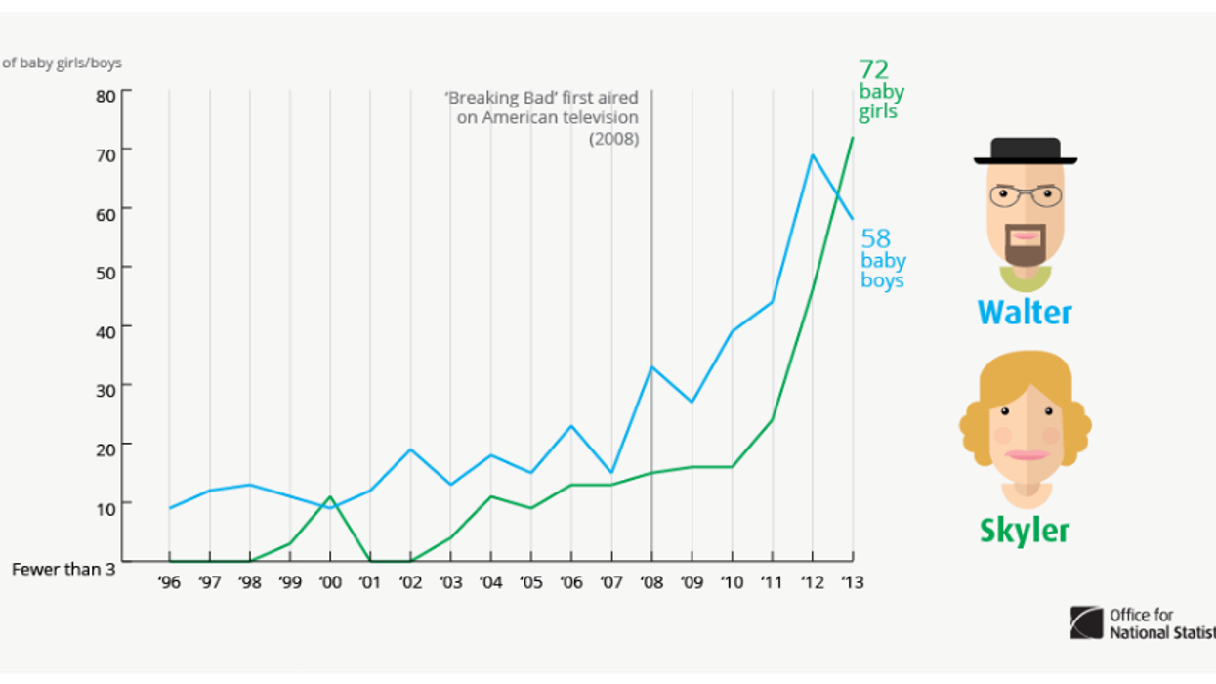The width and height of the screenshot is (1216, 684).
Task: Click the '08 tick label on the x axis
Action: click(651, 582)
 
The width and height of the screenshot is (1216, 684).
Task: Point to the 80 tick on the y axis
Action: click(105, 95)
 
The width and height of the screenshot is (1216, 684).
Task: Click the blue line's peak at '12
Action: click(813, 154)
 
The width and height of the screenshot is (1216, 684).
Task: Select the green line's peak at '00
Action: click(330, 497)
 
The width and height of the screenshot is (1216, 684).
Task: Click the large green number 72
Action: click(873, 69)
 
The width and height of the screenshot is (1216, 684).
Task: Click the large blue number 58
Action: click(875, 238)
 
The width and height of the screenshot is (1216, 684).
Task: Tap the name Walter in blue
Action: click(1025, 313)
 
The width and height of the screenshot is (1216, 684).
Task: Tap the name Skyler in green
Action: click(1025, 531)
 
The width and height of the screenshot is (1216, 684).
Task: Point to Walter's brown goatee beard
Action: click(1025, 249)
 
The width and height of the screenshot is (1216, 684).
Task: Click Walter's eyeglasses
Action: click(1025, 195)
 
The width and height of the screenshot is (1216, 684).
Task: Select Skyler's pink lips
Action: click(1025, 454)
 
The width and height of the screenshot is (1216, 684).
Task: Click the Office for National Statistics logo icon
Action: click(1086, 622)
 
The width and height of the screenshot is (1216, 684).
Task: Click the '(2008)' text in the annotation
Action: click(613, 139)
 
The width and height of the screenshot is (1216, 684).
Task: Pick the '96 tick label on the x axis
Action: click(170, 582)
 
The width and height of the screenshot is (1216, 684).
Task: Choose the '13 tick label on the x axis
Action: click(852, 582)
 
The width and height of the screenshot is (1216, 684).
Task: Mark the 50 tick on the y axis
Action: click(105, 269)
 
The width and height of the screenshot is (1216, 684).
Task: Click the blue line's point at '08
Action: click(651, 367)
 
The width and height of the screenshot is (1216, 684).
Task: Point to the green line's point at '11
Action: click(773, 420)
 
